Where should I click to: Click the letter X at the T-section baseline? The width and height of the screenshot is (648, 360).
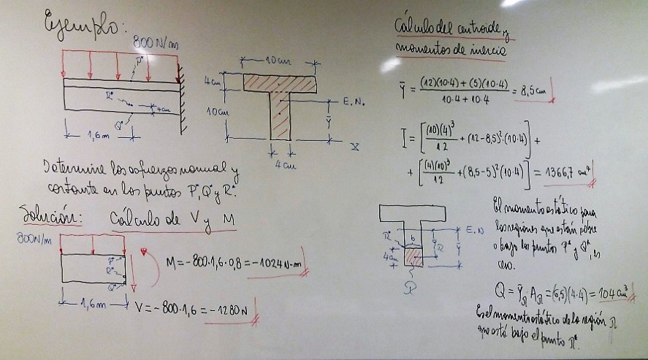[x=354, y=147]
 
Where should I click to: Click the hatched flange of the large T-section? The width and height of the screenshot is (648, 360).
[x=280, y=82]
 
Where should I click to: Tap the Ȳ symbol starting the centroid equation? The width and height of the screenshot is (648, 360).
[x=405, y=89]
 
